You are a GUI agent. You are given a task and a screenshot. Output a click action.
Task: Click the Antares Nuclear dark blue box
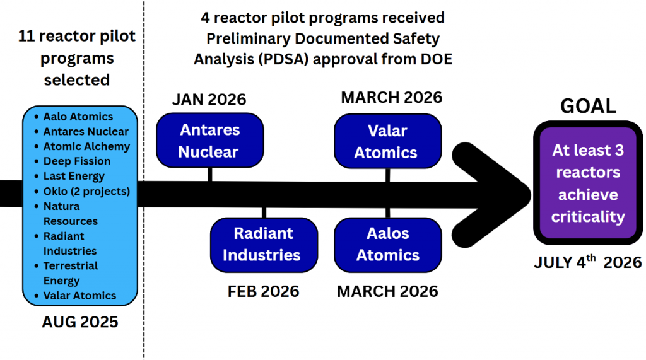[209, 141]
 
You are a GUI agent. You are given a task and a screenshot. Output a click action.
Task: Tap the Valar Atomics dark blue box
[387, 141]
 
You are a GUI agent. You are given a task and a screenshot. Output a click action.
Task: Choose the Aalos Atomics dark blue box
[387, 245]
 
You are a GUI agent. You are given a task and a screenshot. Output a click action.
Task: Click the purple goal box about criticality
[588, 183]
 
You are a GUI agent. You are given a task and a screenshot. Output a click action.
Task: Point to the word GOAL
[588, 106]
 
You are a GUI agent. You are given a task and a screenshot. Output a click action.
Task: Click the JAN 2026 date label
[209, 99]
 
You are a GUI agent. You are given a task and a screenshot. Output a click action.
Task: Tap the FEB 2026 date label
[263, 291]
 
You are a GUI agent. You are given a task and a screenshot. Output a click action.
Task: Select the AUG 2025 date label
[80, 322]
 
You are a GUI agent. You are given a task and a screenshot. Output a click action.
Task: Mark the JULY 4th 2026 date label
[588, 262]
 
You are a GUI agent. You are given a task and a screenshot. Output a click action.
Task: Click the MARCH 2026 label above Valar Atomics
[391, 98]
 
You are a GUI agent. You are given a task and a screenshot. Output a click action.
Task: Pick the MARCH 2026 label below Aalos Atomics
[387, 291]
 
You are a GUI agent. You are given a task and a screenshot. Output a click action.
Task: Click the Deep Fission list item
[76, 161]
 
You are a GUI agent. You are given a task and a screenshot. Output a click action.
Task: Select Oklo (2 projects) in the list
[86, 191]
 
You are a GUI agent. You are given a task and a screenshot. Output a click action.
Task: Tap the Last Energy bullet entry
[74, 177]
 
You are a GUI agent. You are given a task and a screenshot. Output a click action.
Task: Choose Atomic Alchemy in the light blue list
[86, 146]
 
